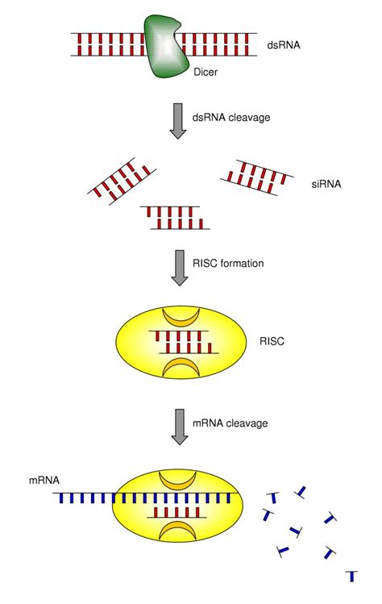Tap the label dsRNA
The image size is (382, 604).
284,45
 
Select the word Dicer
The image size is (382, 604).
206,72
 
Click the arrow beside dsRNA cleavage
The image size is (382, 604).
177,121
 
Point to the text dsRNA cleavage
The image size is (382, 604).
231,117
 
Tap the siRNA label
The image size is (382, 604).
326,184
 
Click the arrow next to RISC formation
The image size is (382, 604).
180,268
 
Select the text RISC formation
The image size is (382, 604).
228,264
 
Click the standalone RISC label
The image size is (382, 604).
272,341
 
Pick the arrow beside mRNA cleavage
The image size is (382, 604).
180,427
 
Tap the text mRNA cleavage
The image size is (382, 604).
230,423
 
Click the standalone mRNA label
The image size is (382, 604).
44,481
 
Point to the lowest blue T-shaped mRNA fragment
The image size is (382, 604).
351,576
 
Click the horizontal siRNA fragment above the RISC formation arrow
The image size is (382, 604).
175,218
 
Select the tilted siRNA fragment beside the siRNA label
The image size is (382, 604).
257,177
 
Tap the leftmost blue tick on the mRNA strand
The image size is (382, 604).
60,498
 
